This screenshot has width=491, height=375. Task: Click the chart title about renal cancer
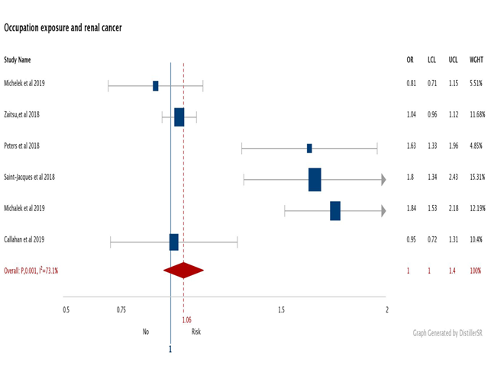(63, 28)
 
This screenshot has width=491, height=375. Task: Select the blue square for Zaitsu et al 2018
(179, 117)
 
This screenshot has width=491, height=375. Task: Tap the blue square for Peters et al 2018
(309, 148)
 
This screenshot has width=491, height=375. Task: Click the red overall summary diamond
(183, 270)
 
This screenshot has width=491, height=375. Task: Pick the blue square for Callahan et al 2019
(174, 242)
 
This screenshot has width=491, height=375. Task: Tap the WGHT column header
(476, 59)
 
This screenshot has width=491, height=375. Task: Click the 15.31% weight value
(476, 177)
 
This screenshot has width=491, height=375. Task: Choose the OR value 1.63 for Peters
(411, 146)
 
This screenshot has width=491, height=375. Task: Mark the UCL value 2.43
(454, 177)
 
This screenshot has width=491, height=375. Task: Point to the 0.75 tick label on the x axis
(121, 309)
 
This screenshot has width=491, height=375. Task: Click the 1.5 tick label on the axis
(282, 309)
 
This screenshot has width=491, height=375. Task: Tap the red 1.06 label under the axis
(187, 320)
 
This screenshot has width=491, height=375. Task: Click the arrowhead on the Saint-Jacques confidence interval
(383, 180)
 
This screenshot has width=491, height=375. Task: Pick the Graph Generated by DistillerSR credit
(448, 332)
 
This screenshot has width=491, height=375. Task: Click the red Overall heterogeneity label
(31, 271)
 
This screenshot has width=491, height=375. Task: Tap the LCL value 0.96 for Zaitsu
(432, 114)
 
